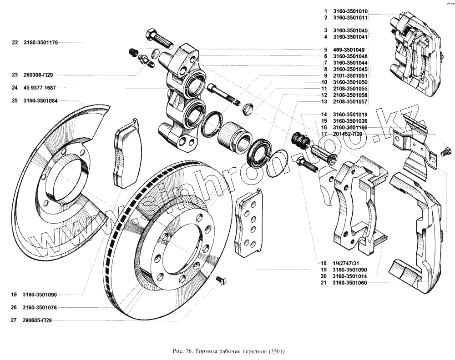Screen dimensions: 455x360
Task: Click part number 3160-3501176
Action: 40,43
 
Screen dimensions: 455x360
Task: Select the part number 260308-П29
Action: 38,75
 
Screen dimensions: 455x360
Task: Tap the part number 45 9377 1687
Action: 40,88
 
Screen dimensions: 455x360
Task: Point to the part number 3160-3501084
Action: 40,101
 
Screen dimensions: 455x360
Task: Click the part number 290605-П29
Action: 37,320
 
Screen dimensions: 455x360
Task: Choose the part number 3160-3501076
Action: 40,308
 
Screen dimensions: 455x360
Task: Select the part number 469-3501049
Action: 349,50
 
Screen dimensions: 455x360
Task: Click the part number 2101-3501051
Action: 350,75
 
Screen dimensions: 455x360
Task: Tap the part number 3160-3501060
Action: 349,283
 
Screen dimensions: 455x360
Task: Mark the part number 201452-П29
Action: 348,134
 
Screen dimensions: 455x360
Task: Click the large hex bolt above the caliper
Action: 159,39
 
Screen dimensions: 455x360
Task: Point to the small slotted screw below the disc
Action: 221,280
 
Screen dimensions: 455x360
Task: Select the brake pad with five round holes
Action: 248,223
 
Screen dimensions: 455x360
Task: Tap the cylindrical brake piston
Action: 234,137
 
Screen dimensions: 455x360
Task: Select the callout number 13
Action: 324,102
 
